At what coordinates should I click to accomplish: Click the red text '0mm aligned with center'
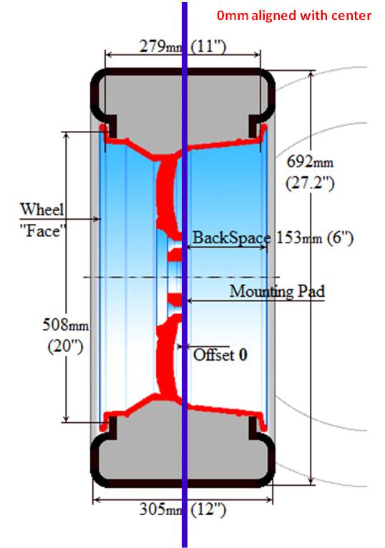(293, 15)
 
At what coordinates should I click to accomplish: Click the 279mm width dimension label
(160, 46)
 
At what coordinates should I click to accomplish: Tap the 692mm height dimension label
(310, 162)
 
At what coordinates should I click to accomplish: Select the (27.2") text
(310, 182)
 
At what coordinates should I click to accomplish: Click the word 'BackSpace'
(231, 238)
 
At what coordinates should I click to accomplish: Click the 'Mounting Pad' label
(277, 291)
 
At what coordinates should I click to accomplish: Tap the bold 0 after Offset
(243, 355)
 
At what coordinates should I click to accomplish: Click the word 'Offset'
(214, 355)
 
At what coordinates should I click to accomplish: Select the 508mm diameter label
(65, 325)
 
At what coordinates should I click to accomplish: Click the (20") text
(65, 346)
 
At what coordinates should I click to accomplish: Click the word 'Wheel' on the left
(42, 209)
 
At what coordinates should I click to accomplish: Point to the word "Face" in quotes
(43, 231)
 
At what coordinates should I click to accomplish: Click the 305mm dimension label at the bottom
(160, 509)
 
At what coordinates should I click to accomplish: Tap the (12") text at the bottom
(208, 509)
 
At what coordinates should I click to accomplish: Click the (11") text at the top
(208, 47)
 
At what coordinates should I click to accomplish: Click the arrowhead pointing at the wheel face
(97, 219)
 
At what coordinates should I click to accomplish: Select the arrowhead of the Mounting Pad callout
(191, 300)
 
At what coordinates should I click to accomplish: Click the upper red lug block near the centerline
(175, 255)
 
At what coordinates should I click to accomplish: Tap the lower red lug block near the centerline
(175, 299)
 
